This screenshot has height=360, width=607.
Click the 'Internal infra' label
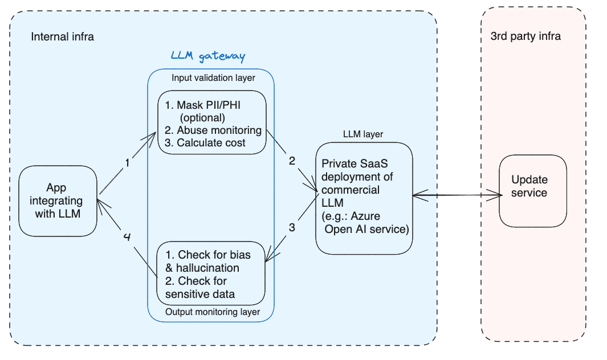tap(62, 37)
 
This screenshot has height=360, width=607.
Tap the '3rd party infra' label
tap(525, 36)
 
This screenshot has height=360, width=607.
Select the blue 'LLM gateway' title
tap(207, 56)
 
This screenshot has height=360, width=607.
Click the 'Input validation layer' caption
tap(213, 77)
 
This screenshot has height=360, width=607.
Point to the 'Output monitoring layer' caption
tap(213, 312)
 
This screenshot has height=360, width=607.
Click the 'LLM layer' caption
tap(363, 134)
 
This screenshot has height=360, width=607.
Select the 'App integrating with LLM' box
tap(57, 201)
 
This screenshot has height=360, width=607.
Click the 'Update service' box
tap(532, 187)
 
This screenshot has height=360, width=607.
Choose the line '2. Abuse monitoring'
tap(212, 130)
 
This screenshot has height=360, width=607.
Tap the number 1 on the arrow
tap(128, 163)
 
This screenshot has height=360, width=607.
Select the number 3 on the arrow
tap(292, 227)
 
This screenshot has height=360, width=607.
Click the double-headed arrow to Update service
tap(456, 195)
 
